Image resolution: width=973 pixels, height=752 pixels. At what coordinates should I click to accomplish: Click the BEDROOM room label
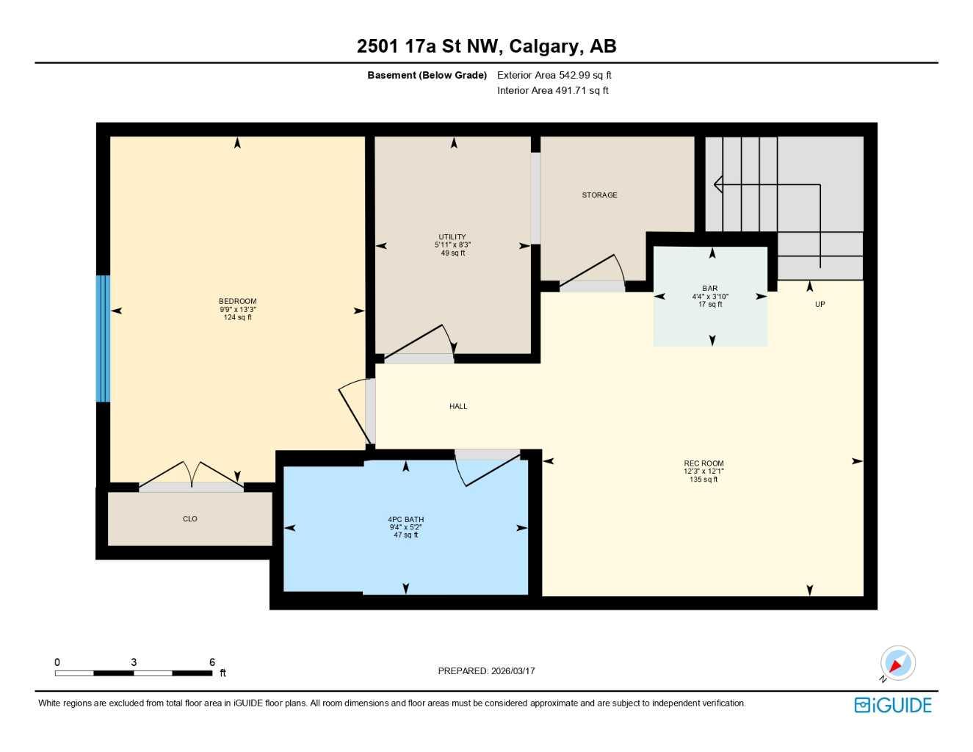[x=237, y=301]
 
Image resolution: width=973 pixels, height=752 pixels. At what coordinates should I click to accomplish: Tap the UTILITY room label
[x=452, y=237]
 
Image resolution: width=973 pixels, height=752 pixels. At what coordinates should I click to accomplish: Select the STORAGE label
[x=599, y=195]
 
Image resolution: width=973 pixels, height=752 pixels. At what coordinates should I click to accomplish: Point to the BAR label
[x=709, y=289]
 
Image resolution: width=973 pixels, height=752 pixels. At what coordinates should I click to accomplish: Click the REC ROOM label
[x=703, y=463]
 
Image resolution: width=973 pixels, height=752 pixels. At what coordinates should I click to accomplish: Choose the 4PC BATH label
[x=405, y=519]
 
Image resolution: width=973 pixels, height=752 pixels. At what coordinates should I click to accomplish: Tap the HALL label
[x=458, y=406]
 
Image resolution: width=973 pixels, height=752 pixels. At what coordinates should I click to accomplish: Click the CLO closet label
[x=190, y=518]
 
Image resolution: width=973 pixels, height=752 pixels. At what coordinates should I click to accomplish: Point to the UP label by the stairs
[x=820, y=304]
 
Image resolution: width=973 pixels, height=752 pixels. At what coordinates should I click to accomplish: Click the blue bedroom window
[x=103, y=339]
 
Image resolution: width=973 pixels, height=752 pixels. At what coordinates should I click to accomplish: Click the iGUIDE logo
[x=893, y=705]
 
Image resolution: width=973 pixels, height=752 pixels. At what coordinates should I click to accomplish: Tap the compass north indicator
[x=897, y=664]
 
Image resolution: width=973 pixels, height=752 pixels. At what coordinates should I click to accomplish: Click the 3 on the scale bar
[x=134, y=662]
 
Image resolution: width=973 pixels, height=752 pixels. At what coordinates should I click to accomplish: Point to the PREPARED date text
[x=486, y=671]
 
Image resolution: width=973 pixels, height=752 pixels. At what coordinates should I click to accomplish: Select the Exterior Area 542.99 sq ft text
[x=554, y=75]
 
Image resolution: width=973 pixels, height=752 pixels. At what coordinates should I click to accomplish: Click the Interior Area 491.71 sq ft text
[x=552, y=90]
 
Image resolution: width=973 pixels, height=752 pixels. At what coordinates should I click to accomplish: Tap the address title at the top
[x=486, y=46]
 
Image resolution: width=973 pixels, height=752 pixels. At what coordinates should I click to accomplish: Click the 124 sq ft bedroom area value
[x=237, y=317]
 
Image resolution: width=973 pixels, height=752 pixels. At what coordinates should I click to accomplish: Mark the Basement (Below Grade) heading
[x=427, y=75]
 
